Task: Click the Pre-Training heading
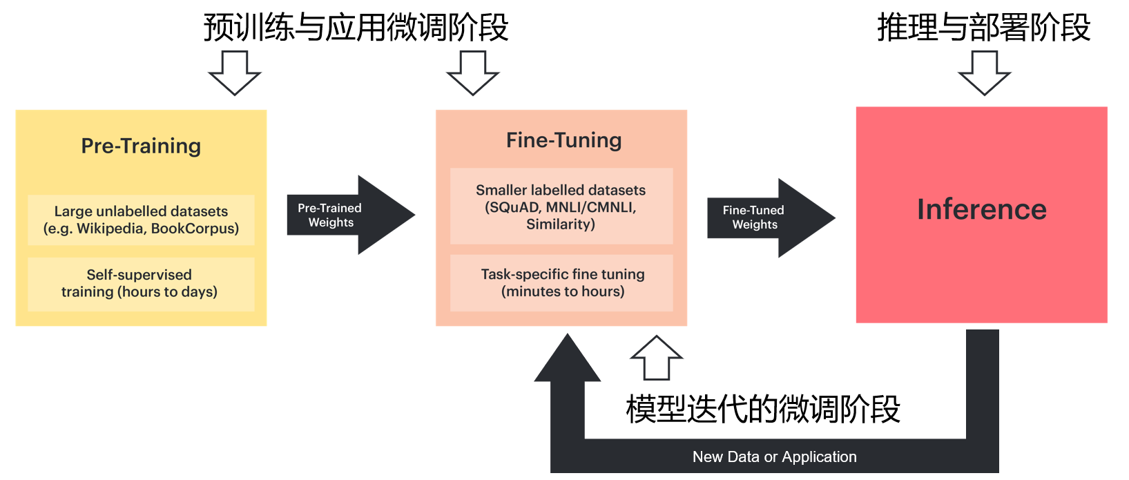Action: pyautogui.click(x=141, y=146)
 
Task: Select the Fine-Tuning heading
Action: pyautogui.click(x=563, y=140)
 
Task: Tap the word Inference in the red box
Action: pyautogui.click(x=981, y=209)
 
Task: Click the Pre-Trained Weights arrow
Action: pyautogui.click(x=345, y=215)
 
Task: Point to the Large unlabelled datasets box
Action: pyautogui.click(x=141, y=220)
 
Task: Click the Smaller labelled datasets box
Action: pyautogui.click(x=561, y=206)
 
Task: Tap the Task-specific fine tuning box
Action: pyautogui.click(x=562, y=282)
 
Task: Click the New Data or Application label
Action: pyautogui.click(x=774, y=457)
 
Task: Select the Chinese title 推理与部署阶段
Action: pyautogui.click(x=983, y=28)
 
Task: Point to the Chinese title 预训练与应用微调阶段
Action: pyautogui.click(x=356, y=28)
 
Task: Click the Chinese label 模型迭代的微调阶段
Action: pyautogui.click(x=762, y=409)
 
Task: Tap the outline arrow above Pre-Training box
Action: pyautogui.click(x=235, y=73)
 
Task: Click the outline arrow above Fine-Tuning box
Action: pyautogui.click(x=473, y=73)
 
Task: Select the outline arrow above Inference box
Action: pyautogui.click(x=984, y=73)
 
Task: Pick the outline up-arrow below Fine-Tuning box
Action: pyautogui.click(x=656, y=358)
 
